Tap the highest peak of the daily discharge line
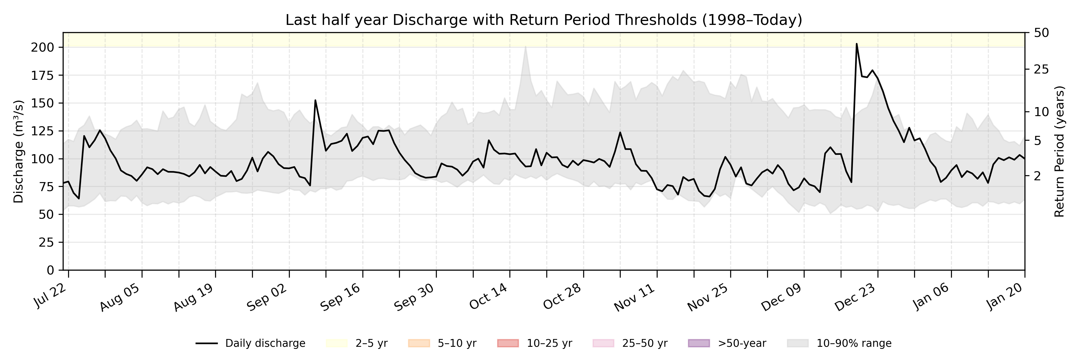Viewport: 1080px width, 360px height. tap(856, 43)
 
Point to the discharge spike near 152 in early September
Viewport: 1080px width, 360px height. tap(315, 100)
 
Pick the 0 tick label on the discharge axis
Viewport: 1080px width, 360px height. tap(50, 270)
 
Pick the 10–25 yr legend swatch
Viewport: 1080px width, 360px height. tap(508, 343)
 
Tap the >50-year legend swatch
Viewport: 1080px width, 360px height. tap(699, 343)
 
